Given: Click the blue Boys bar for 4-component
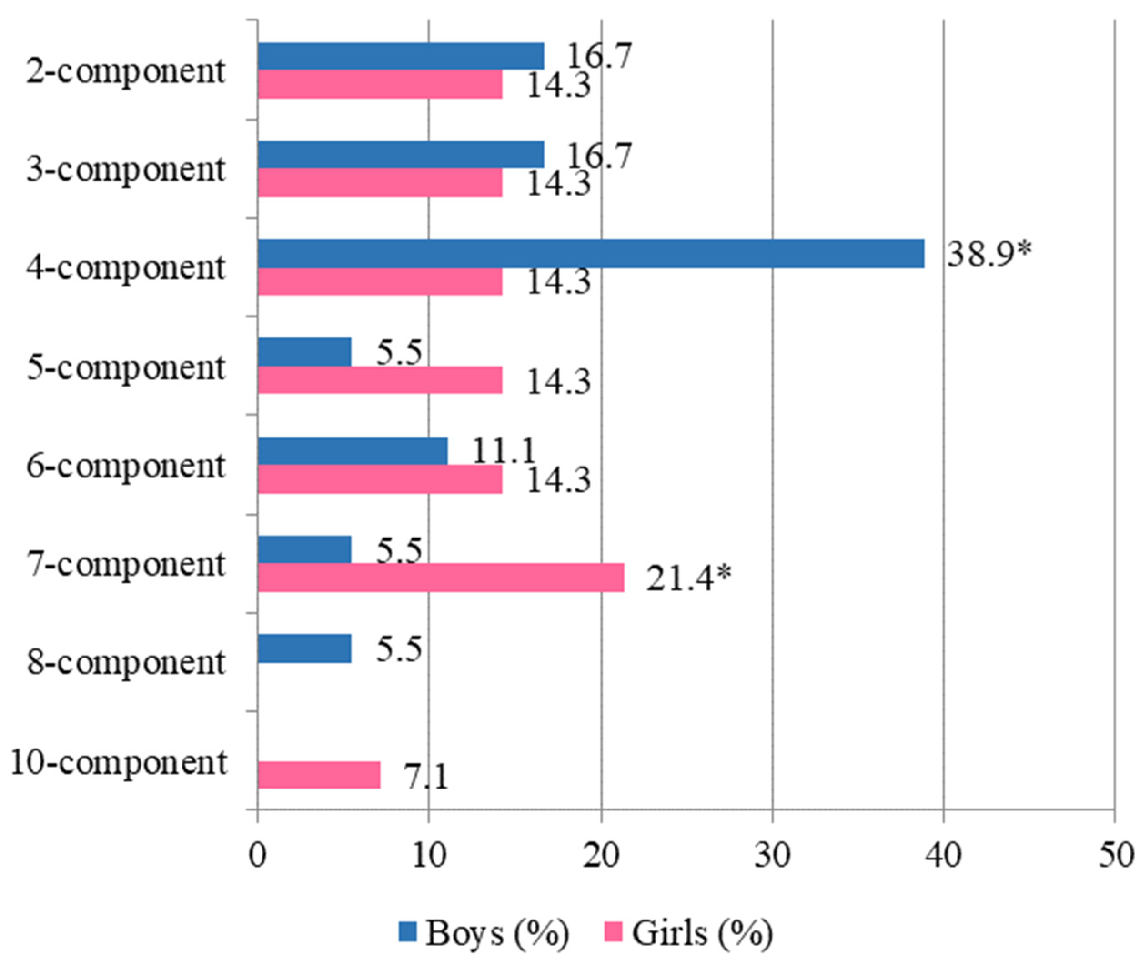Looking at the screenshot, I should tap(591, 253).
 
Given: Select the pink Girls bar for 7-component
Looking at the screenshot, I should tap(441, 578).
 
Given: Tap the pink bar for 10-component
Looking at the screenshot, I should tap(318, 774).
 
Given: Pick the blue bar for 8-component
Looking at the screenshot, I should tap(304, 649).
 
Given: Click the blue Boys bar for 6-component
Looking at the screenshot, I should tap(353, 451).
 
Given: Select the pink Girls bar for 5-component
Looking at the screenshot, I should tap(380, 380).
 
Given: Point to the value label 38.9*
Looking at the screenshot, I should tap(989, 254).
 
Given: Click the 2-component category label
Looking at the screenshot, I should tap(126, 72).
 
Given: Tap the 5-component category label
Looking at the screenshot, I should tap(126, 367).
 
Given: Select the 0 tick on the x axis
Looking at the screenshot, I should tap(257, 855).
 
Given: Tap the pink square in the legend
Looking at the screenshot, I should tap(614, 932).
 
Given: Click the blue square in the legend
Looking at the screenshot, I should tap(407, 932).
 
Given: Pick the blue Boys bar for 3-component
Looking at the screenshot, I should tap(401, 155).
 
